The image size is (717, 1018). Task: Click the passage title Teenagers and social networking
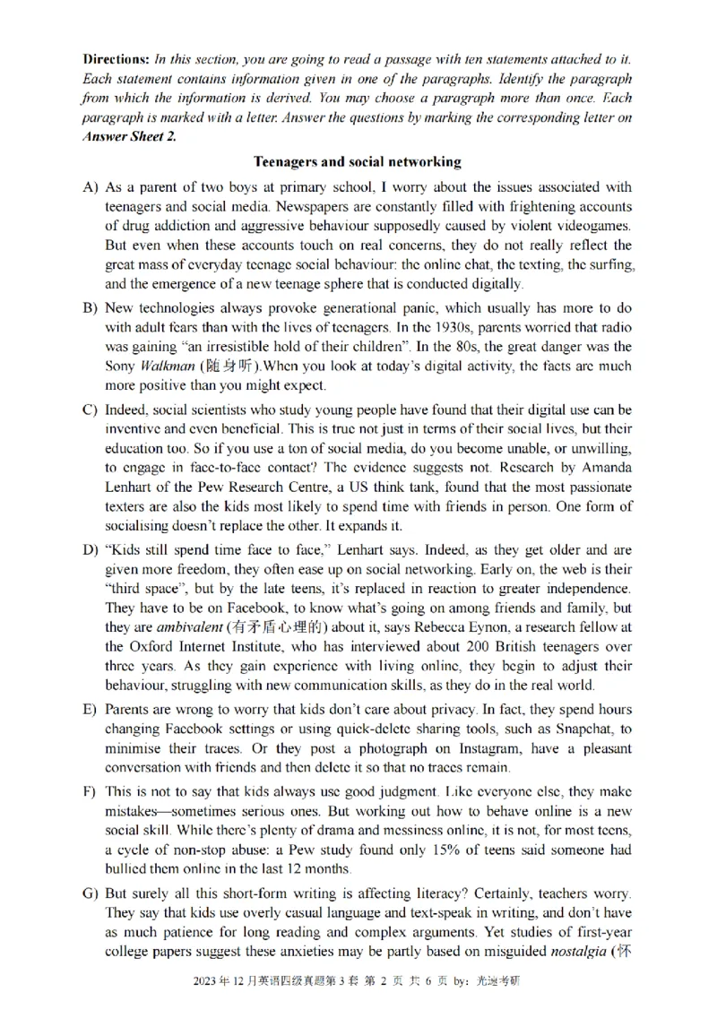pos(358,162)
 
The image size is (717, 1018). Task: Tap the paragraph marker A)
pos(90,188)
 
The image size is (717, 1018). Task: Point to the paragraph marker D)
pos(90,549)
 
